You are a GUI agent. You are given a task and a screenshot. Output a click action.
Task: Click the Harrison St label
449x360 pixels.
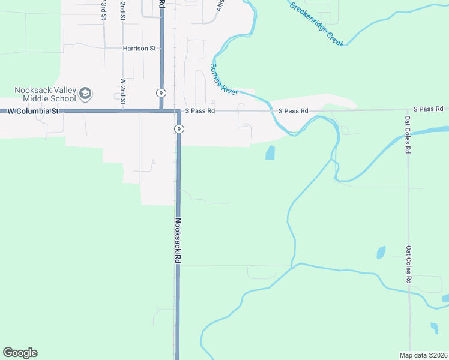pos(139,48)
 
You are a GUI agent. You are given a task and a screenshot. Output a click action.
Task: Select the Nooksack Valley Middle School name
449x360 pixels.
pos(46,94)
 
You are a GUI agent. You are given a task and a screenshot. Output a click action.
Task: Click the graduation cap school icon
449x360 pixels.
pos(85,93)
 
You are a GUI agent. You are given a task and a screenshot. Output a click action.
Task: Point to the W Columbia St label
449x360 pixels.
pos(33,111)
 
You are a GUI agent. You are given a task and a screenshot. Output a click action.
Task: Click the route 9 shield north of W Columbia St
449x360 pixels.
pos(161,92)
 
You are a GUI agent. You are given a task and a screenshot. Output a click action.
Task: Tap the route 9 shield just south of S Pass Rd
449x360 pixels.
pos(179,129)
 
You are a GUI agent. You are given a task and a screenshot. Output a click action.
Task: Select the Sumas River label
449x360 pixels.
pos(223,79)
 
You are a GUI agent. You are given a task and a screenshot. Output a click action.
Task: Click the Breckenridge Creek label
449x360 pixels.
pos(316,24)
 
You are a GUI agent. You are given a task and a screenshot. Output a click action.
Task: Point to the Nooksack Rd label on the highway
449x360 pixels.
pos(178,240)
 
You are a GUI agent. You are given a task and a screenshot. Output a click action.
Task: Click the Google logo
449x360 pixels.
pos(20,353)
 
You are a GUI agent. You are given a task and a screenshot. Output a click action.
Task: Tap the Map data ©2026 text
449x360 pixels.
pos(423,355)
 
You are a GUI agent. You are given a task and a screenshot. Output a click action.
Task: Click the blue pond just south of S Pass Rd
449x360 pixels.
pos(270,153)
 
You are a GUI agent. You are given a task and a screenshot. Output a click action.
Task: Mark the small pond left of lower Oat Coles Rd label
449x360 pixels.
pos(381,253)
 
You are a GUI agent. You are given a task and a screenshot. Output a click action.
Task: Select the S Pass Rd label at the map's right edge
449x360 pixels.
pos(428,109)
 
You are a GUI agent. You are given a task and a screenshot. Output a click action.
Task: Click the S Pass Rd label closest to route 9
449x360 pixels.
pos(200,111)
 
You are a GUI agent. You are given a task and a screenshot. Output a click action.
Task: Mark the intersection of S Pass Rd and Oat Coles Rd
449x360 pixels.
pos(408,110)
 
